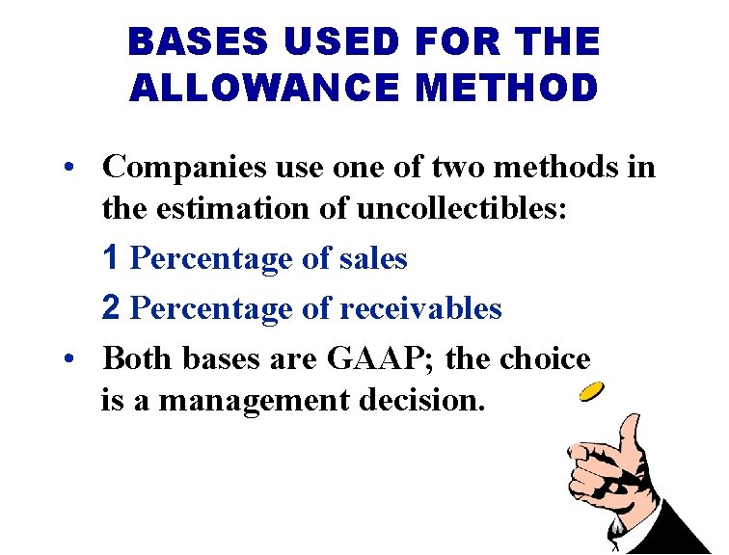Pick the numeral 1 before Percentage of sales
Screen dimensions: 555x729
click(112, 258)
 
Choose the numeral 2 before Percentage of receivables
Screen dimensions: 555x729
click(112, 308)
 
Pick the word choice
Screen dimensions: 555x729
click(546, 359)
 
